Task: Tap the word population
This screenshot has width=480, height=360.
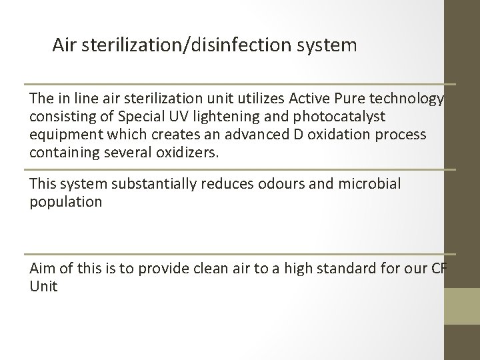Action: pyautogui.click(x=66, y=201)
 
